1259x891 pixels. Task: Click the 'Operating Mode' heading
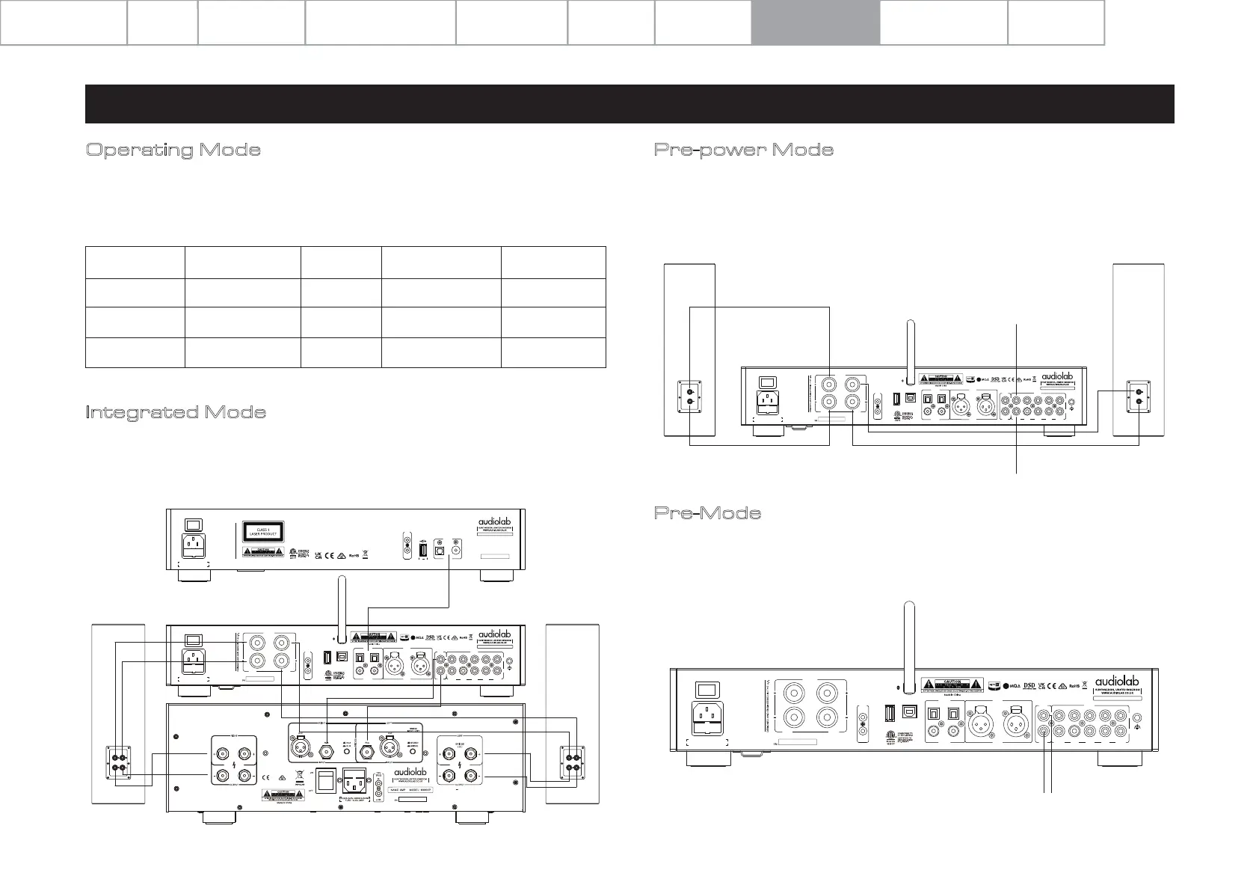173,150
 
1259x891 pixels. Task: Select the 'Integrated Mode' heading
176,412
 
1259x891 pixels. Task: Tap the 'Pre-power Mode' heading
744,150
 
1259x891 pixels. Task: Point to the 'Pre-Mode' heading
707,513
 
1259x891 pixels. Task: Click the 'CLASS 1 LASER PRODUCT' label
262,533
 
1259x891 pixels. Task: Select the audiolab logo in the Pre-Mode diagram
1121,682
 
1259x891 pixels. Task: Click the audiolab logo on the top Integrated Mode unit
497,521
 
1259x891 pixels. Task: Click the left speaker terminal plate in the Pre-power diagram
690,396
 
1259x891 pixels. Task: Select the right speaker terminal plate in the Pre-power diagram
1139,396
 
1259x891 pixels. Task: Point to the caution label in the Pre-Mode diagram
952,684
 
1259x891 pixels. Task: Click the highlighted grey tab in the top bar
815,22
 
